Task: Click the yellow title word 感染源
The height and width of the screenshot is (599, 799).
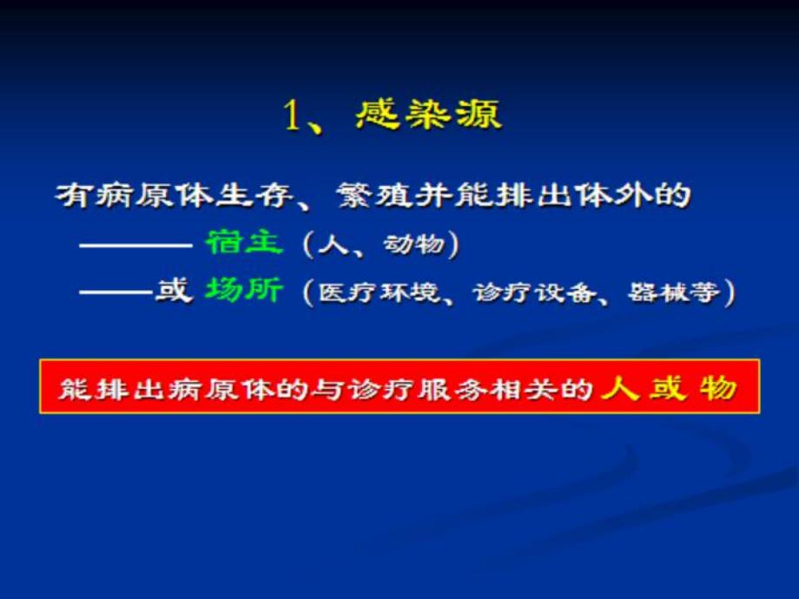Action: click(428, 115)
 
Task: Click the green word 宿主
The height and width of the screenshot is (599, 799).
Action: click(245, 243)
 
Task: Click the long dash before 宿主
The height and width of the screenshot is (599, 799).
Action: click(135, 244)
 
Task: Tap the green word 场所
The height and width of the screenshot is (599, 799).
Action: click(245, 291)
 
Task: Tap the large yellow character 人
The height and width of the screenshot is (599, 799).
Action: click(620, 387)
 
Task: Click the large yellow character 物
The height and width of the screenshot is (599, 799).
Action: click(718, 387)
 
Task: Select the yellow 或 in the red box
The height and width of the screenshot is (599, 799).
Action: click(668, 387)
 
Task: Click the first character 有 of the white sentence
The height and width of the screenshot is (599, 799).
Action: click(69, 195)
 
